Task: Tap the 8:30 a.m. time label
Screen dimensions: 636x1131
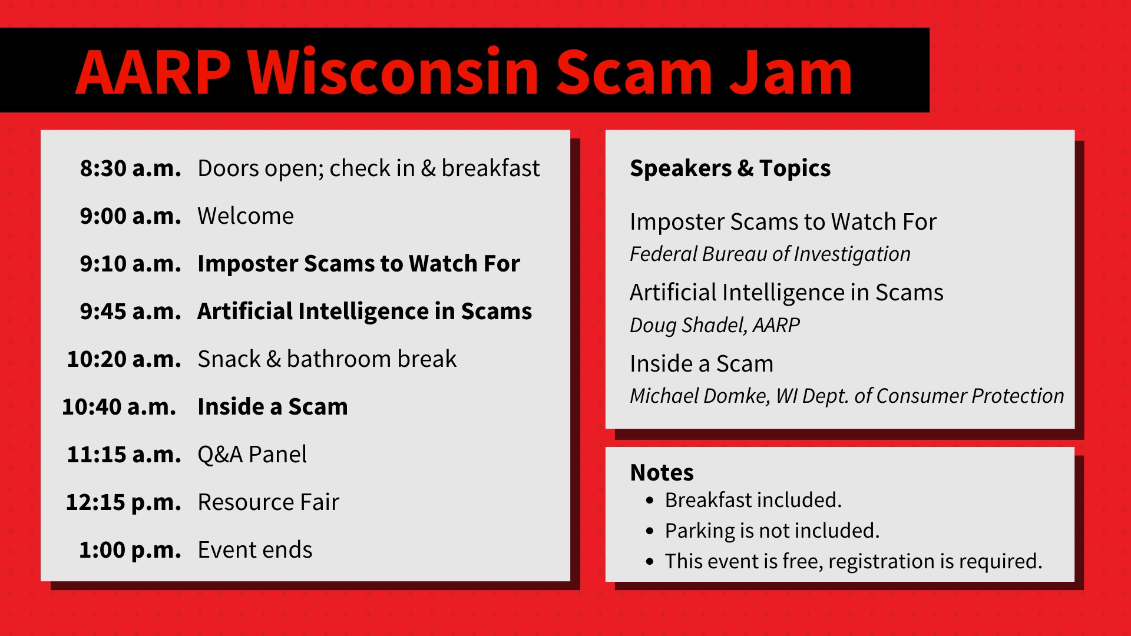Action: point(130,168)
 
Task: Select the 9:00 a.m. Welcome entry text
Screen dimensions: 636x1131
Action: point(245,216)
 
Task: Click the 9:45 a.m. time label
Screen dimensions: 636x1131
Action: point(130,312)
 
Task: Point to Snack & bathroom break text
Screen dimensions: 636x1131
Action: point(327,359)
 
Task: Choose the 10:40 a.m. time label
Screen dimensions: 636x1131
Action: point(119,407)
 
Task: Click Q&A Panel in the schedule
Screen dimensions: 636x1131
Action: point(252,455)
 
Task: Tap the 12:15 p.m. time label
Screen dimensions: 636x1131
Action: point(123,502)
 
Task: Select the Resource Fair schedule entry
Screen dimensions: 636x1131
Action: point(268,502)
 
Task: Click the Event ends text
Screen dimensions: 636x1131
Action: point(254,550)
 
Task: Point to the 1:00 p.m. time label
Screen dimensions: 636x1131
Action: point(130,550)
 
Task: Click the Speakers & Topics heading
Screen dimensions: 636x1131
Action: point(730,168)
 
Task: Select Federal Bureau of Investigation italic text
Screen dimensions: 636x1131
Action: point(770,254)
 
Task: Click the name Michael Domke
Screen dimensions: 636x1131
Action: point(699,396)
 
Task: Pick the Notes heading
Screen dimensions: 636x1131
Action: point(662,473)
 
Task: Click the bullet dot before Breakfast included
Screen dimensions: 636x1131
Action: point(650,501)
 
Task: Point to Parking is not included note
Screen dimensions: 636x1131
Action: point(772,531)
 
